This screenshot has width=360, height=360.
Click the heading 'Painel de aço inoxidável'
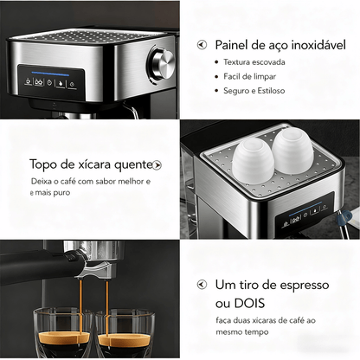pos(277,44)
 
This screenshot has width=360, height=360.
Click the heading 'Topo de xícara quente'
pos(89,164)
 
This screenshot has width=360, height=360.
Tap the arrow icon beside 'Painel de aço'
pos(202,44)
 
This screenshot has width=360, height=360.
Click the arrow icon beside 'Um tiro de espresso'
pos(202,285)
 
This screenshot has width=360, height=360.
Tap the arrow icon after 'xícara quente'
pos(157,164)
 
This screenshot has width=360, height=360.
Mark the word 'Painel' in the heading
pos(234,44)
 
